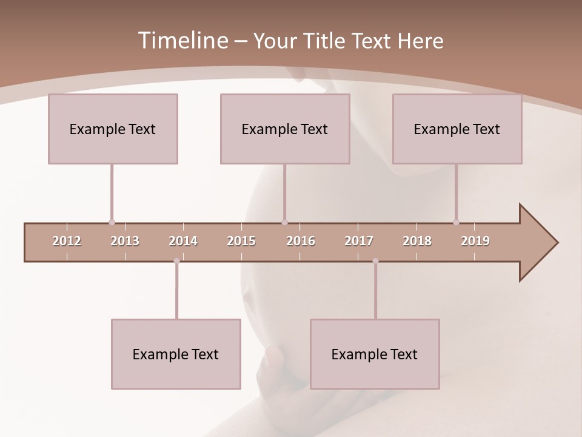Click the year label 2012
(67, 241)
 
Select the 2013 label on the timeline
(125, 241)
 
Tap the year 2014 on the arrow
(183, 241)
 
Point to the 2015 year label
(241, 241)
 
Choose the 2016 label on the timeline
(301, 241)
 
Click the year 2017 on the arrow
(359, 241)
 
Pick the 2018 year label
(417, 241)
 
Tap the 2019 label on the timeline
(475, 241)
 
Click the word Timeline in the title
(182, 41)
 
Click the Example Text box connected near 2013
(113, 129)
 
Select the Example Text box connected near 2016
(285, 129)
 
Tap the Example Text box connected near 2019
(457, 129)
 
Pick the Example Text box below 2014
(176, 354)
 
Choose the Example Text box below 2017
(375, 354)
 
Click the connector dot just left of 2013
(112, 223)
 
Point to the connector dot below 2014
(176, 261)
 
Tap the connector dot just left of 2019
(456, 223)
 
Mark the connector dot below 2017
(375, 261)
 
